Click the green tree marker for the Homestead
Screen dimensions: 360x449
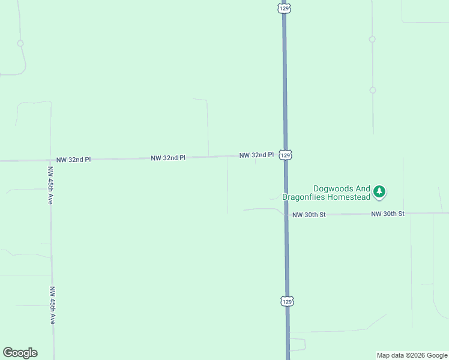click(x=379, y=192)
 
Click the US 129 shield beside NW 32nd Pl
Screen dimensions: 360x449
click(x=286, y=155)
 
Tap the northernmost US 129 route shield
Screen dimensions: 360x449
click(x=284, y=8)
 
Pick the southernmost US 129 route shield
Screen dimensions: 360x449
click(x=288, y=301)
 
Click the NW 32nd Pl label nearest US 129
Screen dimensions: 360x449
click(x=256, y=155)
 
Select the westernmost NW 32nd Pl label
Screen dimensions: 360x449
click(x=73, y=160)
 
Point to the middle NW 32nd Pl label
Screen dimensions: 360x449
click(x=168, y=158)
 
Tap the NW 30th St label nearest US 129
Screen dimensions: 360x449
click(x=309, y=214)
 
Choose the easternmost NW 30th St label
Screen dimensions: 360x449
click(x=388, y=214)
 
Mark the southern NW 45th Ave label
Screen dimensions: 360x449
click(x=52, y=305)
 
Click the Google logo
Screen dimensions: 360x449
click(x=20, y=353)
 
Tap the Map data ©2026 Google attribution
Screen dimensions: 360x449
click(x=412, y=355)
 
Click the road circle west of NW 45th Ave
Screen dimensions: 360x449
click(x=20, y=43)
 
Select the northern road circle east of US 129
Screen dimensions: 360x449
click(x=372, y=39)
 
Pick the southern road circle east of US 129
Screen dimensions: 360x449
click(x=373, y=90)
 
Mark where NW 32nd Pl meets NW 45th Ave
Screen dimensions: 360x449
click(x=50, y=160)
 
